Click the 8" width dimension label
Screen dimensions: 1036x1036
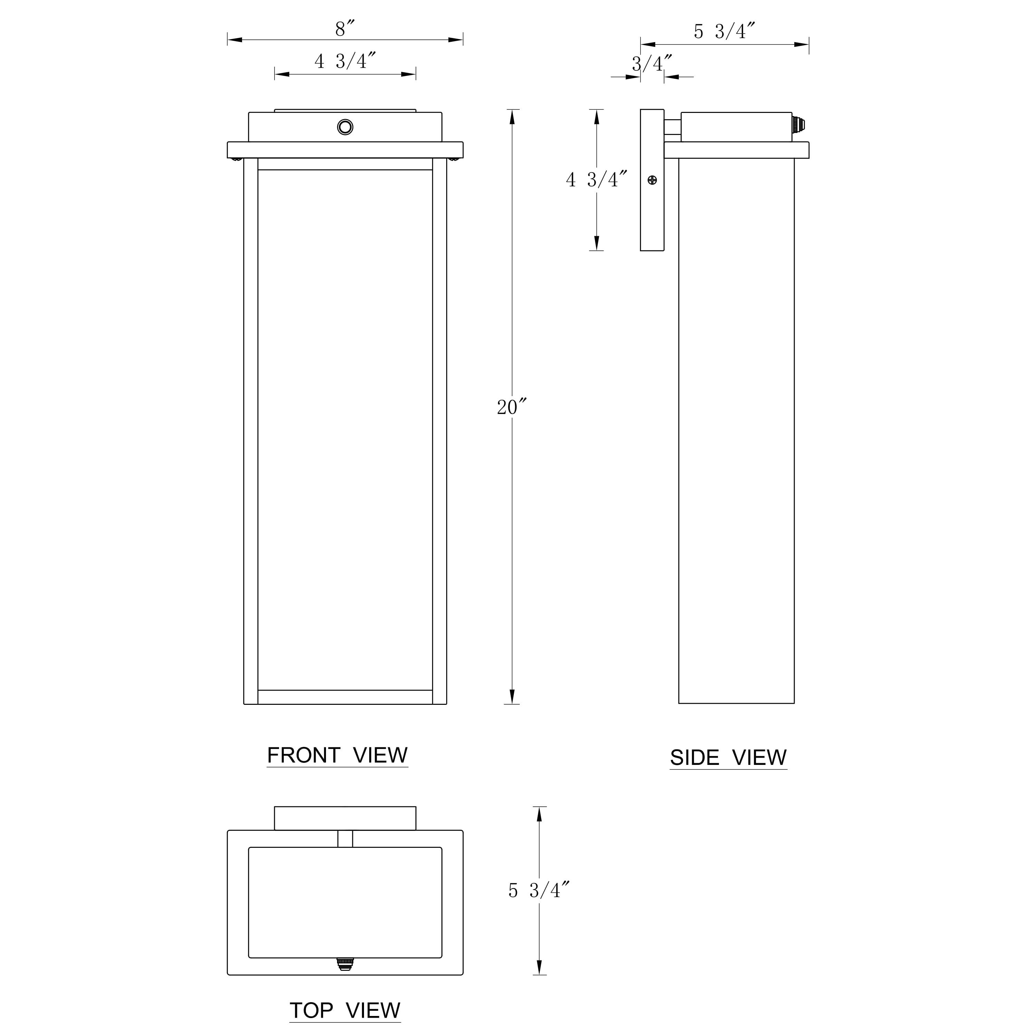345,28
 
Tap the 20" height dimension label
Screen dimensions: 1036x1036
511,407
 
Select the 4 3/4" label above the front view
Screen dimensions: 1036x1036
345,61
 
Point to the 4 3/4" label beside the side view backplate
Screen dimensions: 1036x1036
596,180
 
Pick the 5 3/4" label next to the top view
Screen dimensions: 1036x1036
538,890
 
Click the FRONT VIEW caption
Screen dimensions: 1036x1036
337,756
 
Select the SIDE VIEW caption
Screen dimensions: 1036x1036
728,758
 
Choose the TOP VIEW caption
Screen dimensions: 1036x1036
345,1010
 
